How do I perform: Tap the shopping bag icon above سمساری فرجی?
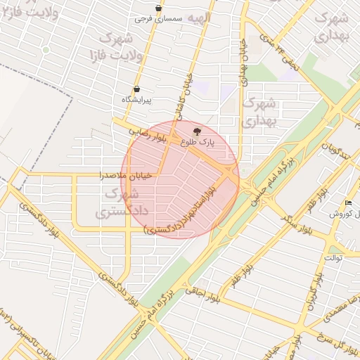point(159,8)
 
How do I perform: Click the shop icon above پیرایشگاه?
point(136,89)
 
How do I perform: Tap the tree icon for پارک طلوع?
point(197,131)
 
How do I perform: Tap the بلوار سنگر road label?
point(285,217)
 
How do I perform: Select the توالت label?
point(333,257)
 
